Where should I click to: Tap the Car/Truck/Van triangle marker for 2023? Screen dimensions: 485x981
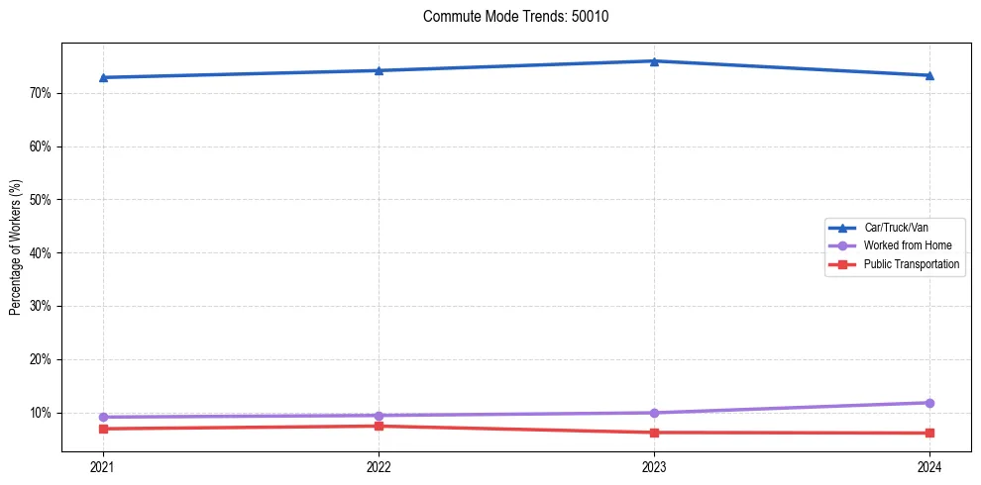pyautogui.click(x=654, y=61)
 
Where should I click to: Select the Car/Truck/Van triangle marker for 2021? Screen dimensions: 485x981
pyautogui.click(x=103, y=77)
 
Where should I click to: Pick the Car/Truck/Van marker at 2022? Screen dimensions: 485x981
pyautogui.click(x=379, y=70)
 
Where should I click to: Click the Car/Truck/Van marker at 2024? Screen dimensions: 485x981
pyautogui.click(x=929, y=75)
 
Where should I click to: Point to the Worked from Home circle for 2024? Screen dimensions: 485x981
pyautogui.click(x=929, y=403)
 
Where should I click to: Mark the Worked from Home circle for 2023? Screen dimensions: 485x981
pyautogui.click(x=654, y=413)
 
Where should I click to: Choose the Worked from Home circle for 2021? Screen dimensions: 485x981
pyautogui.click(x=103, y=417)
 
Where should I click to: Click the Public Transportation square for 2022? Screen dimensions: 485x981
pyautogui.click(x=379, y=426)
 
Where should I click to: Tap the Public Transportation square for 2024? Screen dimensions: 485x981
pyautogui.click(x=929, y=433)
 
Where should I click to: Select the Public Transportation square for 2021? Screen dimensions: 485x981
pyautogui.click(x=103, y=429)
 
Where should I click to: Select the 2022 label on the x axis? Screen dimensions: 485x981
pyautogui.click(x=379, y=466)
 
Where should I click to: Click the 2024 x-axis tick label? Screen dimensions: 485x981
pyautogui.click(x=929, y=466)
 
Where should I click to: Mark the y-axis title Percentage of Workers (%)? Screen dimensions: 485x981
pyautogui.click(x=15, y=247)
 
